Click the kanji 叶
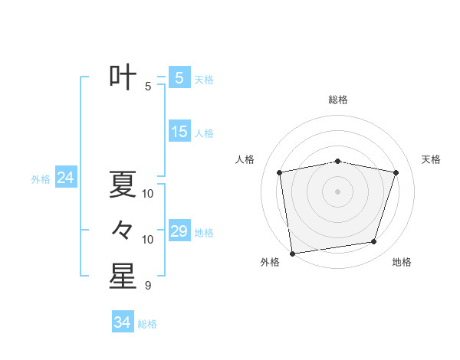click(x=123, y=78)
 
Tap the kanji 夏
click(x=123, y=185)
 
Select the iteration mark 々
click(x=123, y=230)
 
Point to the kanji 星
click(x=123, y=276)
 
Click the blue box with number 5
click(x=179, y=78)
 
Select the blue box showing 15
click(x=179, y=132)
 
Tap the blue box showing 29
click(x=179, y=231)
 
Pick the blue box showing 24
click(x=65, y=178)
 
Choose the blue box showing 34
click(x=123, y=322)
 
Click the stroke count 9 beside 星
click(x=148, y=286)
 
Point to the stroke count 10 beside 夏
click(x=148, y=194)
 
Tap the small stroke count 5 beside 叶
click(x=148, y=87)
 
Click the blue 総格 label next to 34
click(x=147, y=324)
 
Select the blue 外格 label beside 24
click(x=41, y=179)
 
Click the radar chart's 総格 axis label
click(x=338, y=100)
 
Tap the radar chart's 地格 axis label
click(x=402, y=263)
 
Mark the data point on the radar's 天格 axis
click(x=396, y=172)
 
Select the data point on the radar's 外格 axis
click(x=292, y=253)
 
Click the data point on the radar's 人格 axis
click(x=280, y=172)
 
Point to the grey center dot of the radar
click(x=338, y=191)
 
